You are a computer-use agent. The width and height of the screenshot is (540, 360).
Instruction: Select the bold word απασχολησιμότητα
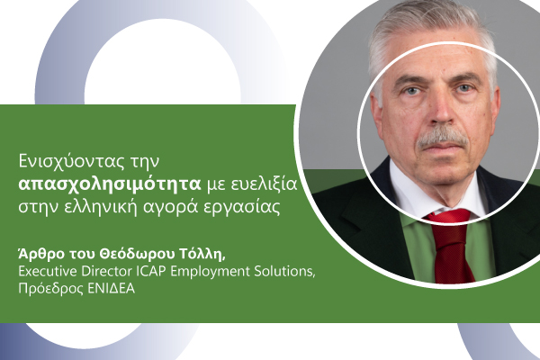[x=110, y=184]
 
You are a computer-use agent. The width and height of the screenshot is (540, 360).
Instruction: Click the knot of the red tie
[x=449, y=219]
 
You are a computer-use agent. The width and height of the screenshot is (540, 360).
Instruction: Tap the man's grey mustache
[x=442, y=139]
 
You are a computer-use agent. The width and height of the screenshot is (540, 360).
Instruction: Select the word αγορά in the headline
[x=168, y=207]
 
